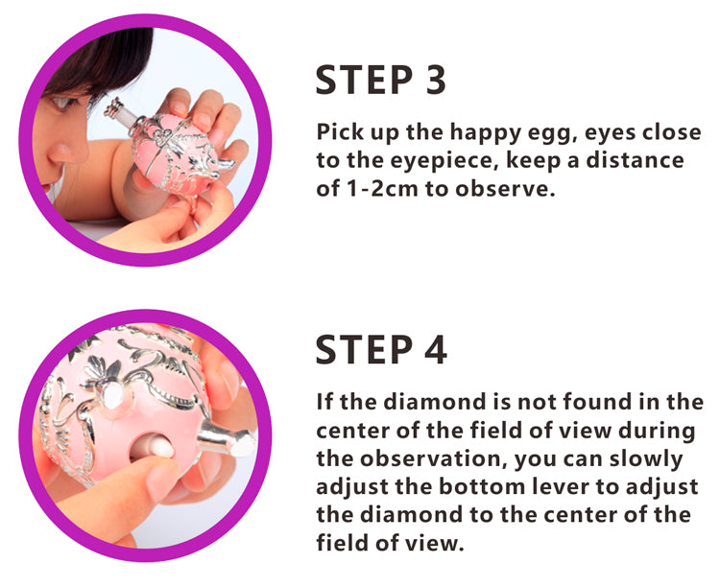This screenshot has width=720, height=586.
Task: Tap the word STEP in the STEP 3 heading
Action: (x=364, y=80)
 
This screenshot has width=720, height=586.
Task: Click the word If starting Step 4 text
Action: (x=324, y=401)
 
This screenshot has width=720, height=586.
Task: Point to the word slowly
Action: (x=646, y=459)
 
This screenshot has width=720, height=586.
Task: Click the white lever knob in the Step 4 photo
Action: (x=157, y=448)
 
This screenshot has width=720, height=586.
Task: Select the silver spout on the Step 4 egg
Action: (x=225, y=439)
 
